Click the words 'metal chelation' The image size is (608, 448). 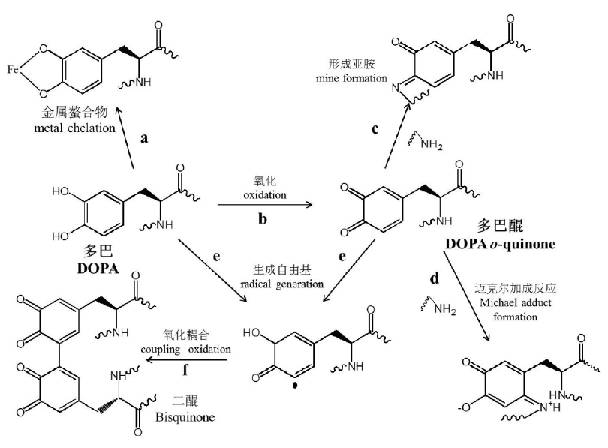pyautogui.click(x=79, y=128)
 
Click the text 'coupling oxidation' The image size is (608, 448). pyautogui.click(x=183, y=349)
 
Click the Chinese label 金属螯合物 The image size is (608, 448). pyautogui.click(x=79, y=113)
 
